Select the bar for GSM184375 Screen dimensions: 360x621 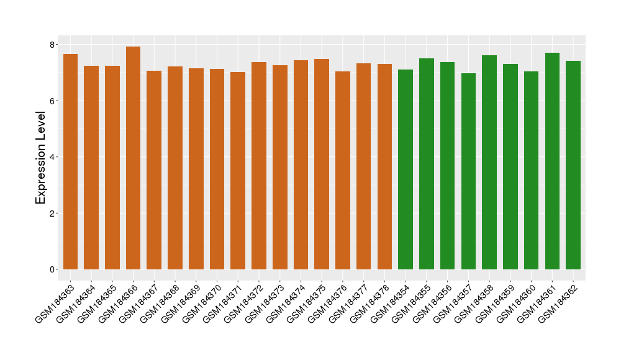click(322, 164)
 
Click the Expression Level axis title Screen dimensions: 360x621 click(41, 158)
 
